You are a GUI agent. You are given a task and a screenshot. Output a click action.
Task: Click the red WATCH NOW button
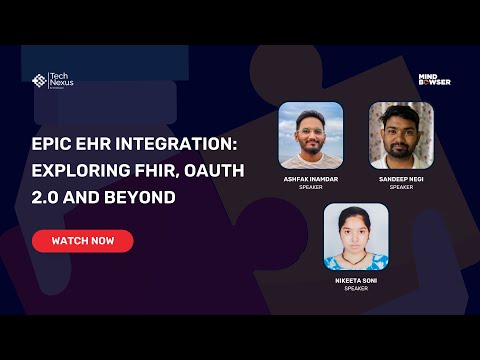click(x=82, y=241)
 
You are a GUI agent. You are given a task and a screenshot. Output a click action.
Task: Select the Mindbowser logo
click(x=434, y=78)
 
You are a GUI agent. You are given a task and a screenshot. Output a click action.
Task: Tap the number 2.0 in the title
click(x=45, y=198)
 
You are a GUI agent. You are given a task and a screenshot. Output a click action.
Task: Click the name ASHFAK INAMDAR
click(x=311, y=179)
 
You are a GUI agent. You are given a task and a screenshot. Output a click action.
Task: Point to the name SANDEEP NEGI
click(x=401, y=179)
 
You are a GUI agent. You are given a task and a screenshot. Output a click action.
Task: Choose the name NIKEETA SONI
click(x=356, y=282)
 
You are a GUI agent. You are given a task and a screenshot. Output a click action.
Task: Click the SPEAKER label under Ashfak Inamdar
click(x=311, y=187)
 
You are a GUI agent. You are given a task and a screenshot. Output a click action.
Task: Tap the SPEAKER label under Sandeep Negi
click(x=401, y=187)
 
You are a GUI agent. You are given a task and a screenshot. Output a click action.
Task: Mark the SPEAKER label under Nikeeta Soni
click(x=356, y=290)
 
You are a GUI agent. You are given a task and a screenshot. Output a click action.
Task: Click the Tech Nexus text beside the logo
click(x=61, y=81)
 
